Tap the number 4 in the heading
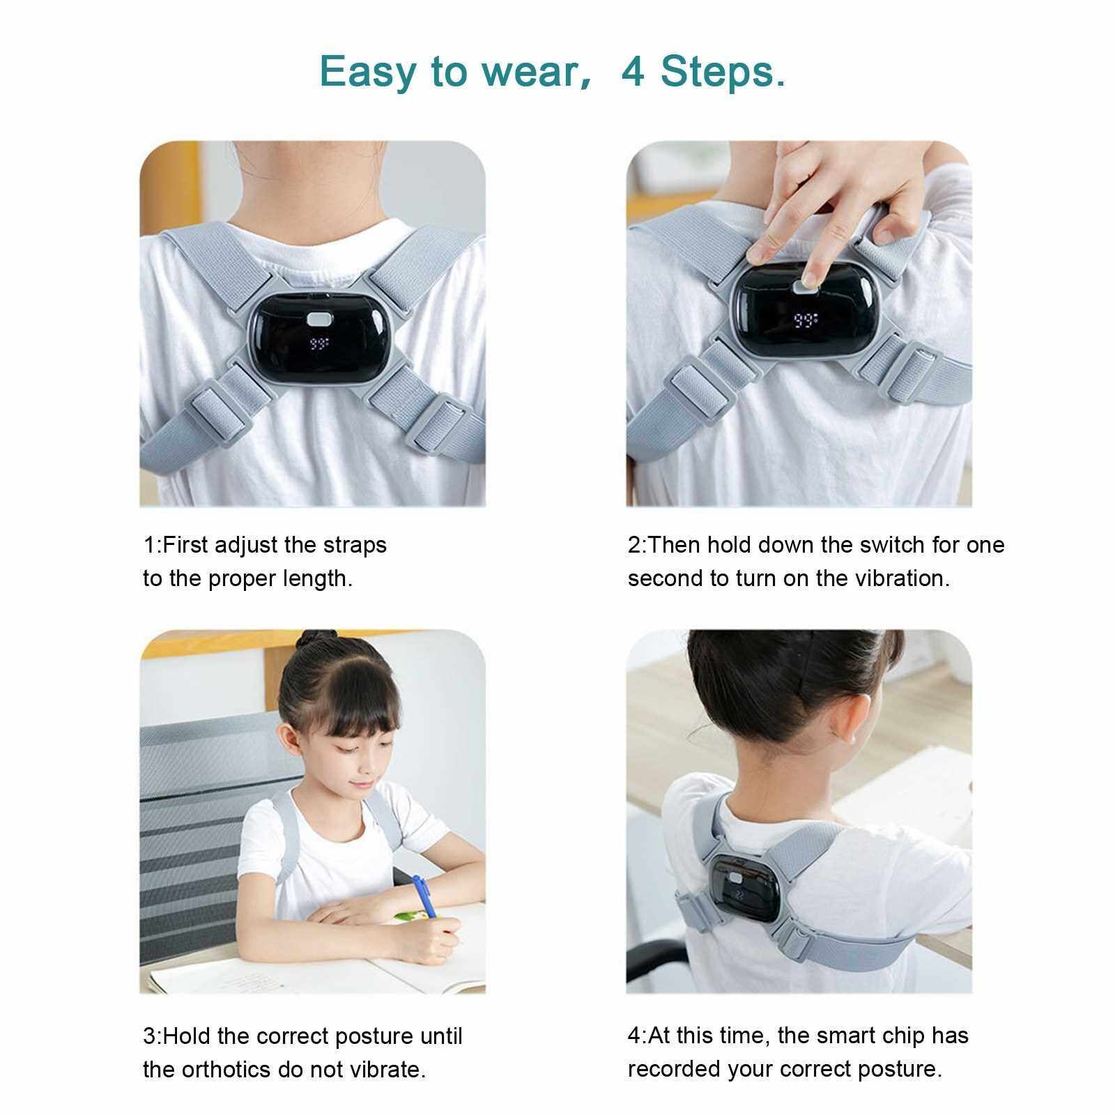tap(633, 71)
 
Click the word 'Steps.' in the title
tap(723, 72)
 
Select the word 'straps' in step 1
tap(355, 545)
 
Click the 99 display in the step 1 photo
tap(319, 343)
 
